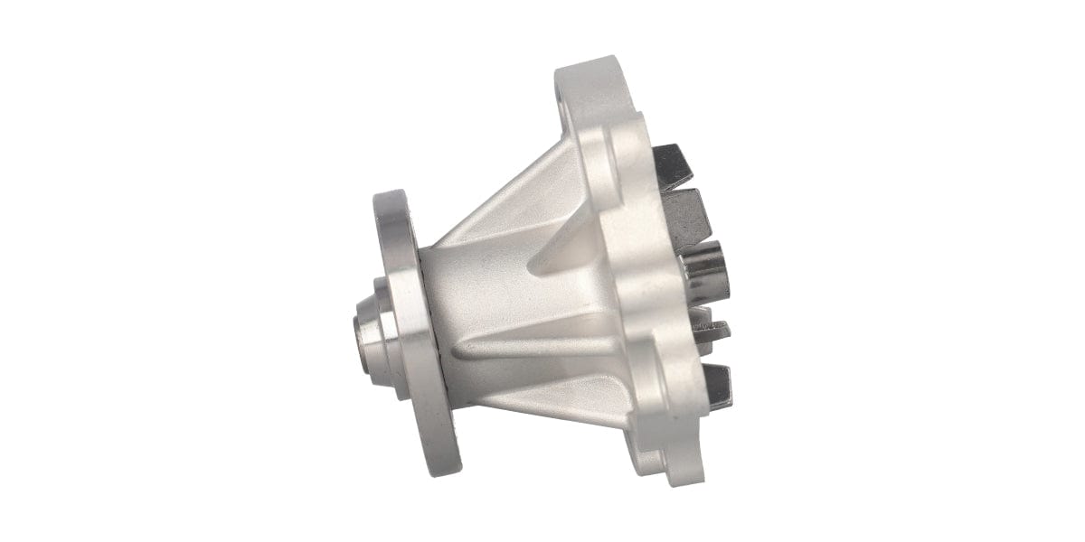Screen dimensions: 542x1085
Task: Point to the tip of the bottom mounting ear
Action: pyautogui.click(x=687, y=474)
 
